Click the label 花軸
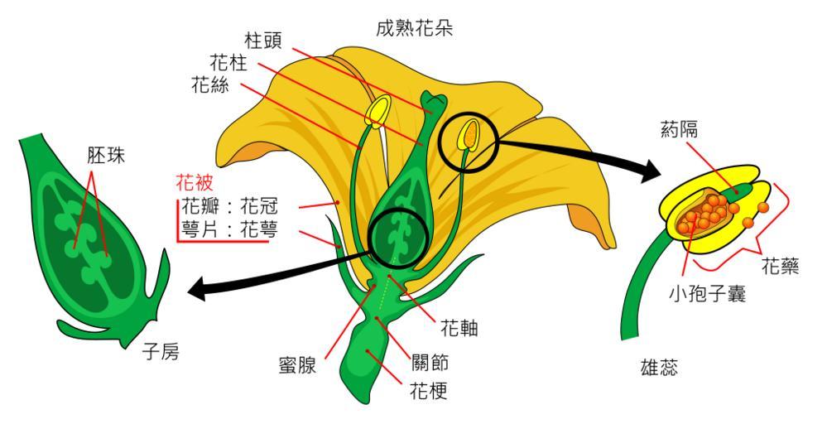coord(460,329)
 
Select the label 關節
coord(430,364)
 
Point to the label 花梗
coord(429,390)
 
